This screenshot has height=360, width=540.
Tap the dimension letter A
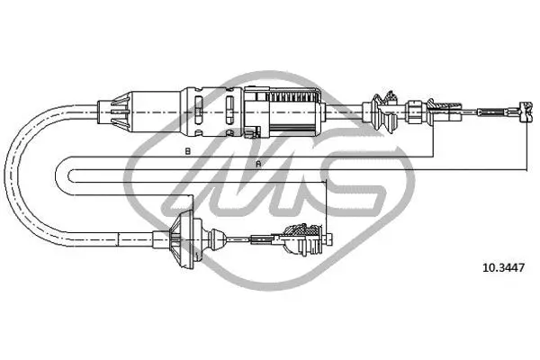(x=258, y=164)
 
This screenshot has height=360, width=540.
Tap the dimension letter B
(x=187, y=150)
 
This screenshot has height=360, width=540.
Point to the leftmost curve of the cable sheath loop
(x=11, y=171)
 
